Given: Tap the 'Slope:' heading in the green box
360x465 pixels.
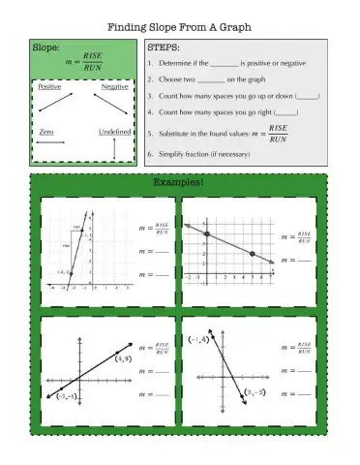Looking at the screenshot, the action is (45, 46).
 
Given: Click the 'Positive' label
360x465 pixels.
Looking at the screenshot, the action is (49, 87).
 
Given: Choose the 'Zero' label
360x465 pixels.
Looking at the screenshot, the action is (45, 131).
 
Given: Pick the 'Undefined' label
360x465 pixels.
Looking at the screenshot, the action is (114, 131).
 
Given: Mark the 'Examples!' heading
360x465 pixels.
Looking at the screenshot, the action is (179, 181).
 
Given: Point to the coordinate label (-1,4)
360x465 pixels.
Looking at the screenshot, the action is (198, 340).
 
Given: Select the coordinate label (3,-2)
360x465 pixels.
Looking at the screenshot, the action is (255, 392).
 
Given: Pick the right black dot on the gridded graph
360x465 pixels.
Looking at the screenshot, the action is (252, 254).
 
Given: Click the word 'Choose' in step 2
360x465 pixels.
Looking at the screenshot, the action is (171, 79).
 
